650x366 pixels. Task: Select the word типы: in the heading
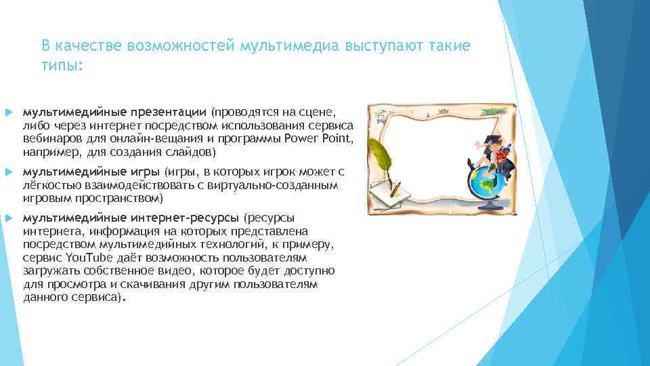62,66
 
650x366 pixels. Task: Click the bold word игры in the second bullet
147,172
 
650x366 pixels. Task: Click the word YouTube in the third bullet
88,258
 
